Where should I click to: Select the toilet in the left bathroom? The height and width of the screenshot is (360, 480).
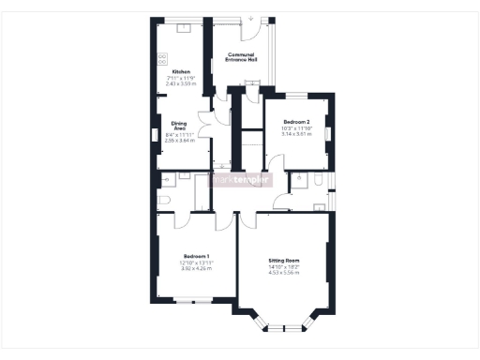(163, 200)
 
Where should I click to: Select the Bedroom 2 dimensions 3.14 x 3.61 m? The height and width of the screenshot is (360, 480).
(295, 135)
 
